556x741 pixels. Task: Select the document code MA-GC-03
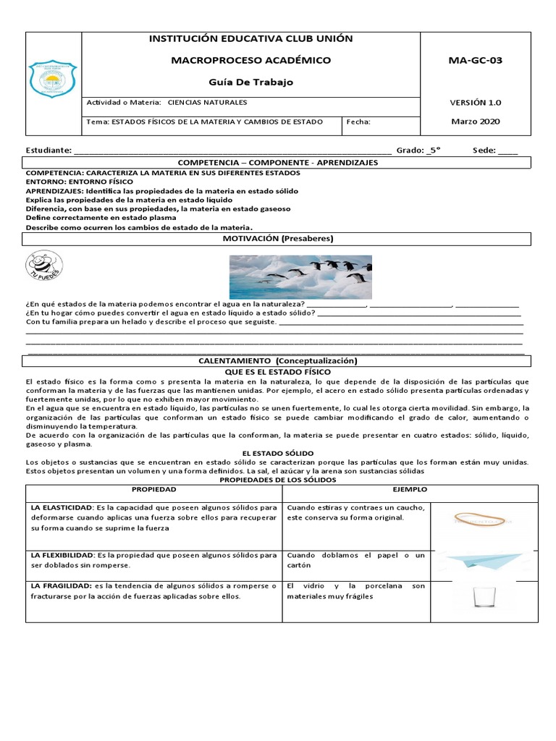point(475,60)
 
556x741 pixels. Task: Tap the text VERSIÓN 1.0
point(475,103)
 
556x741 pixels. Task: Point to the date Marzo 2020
point(475,122)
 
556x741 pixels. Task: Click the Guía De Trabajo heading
point(250,82)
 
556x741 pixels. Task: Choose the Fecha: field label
point(359,122)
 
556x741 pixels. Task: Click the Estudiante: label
point(49,151)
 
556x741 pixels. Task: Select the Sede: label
point(484,151)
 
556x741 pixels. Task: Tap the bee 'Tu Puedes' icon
point(43,266)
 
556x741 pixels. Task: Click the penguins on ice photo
point(300,276)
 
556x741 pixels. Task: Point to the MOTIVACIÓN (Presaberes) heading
point(278,238)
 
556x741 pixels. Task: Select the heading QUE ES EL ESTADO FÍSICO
point(278,371)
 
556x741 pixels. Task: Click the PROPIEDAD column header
point(153,490)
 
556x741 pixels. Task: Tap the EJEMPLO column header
point(410,490)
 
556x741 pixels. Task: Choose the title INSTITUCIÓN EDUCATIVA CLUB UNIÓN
point(250,39)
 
